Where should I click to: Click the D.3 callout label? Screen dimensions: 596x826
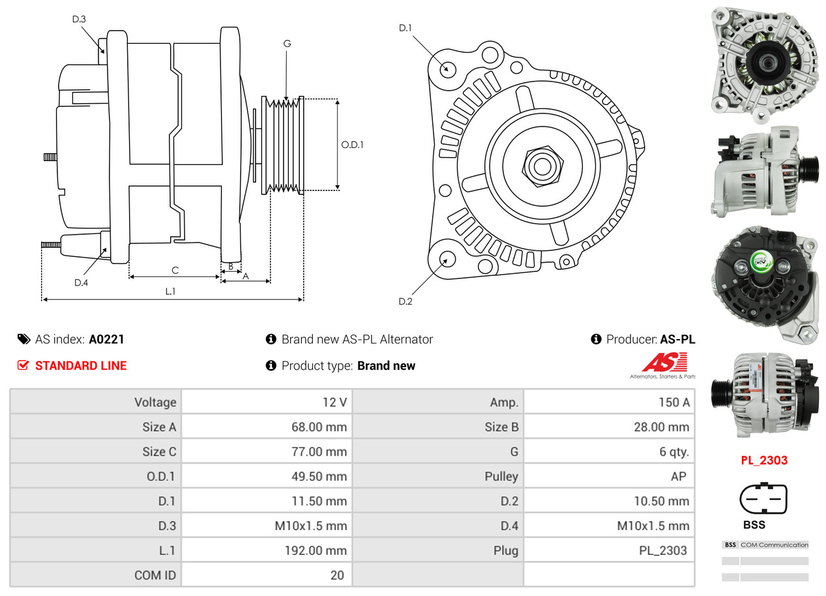point(79,19)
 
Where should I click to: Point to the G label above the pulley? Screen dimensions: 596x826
point(287,44)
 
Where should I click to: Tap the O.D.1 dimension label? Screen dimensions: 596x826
point(352,145)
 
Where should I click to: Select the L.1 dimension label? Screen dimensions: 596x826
point(170,291)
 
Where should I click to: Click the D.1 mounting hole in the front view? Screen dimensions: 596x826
point(447,68)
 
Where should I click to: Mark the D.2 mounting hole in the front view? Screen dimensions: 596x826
point(447,260)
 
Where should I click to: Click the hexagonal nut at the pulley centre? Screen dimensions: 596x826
point(540,166)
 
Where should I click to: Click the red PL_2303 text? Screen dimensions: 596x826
point(764,460)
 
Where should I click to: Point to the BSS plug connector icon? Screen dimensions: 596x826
point(763,499)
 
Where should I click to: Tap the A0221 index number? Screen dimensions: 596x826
point(106,339)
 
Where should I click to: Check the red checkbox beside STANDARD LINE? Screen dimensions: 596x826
point(23,365)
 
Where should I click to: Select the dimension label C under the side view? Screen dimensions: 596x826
point(175,270)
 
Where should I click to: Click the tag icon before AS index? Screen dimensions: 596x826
point(24,339)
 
